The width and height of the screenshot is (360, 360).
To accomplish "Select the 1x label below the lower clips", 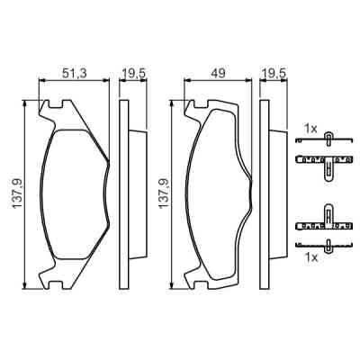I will pyautogui.click(x=310, y=257).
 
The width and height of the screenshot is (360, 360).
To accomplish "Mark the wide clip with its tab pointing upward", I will pyautogui.click(x=325, y=221).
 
